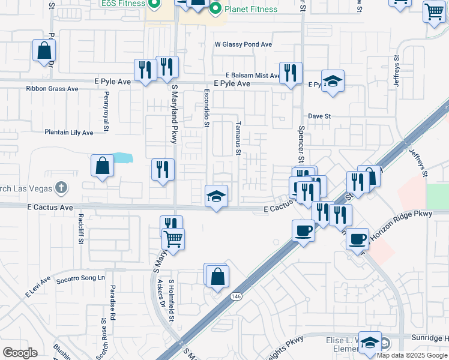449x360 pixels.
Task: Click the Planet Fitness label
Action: tap(251, 9)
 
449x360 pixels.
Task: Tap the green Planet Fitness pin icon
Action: tap(215, 8)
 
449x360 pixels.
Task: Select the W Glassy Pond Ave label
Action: tap(243, 44)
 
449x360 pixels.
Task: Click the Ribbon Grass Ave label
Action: tap(52, 89)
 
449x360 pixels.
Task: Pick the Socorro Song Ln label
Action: tap(80, 278)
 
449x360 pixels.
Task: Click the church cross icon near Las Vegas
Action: tap(61, 188)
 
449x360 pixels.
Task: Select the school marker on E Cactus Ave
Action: tap(216, 196)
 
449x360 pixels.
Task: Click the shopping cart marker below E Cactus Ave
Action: tap(173, 239)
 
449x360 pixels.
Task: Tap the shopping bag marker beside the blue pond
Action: tap(103, 166)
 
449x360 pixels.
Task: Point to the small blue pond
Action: tap(122, 158)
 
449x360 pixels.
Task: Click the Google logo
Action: tap(20, 353)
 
